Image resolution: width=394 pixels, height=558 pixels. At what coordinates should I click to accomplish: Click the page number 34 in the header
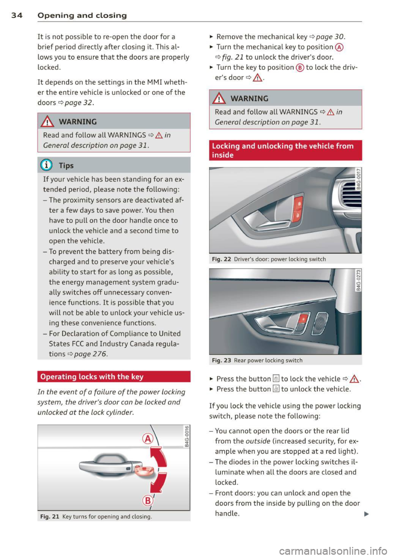pos(16,16)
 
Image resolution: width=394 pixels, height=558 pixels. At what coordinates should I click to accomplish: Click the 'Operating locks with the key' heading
pos(92,377)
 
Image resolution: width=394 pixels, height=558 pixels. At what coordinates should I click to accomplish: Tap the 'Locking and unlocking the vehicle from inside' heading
pos(282,150)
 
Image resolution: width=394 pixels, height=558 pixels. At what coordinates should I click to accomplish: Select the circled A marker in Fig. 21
pos(147,439)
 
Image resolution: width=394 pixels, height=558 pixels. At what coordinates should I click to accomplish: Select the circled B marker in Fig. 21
pos(147,501)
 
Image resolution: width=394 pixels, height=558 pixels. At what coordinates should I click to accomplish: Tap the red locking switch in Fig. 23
pos(304,319)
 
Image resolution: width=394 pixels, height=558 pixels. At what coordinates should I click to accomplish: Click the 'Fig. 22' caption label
pos(222,260)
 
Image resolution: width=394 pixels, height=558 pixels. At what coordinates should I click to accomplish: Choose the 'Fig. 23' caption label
pos(222,361)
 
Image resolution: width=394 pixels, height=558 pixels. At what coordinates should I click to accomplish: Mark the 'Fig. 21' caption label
pos(50,517)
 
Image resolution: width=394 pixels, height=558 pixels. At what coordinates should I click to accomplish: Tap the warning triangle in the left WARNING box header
pos(48,122)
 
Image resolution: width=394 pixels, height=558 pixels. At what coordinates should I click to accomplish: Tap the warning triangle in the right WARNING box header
pos(220,98)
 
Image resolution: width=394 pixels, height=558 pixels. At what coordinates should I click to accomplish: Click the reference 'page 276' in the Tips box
pos(91,354)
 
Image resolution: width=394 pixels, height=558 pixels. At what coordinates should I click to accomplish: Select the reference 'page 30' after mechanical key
pos(330,37)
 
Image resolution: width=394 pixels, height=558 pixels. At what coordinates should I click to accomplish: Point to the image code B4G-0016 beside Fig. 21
pos(187,437)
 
